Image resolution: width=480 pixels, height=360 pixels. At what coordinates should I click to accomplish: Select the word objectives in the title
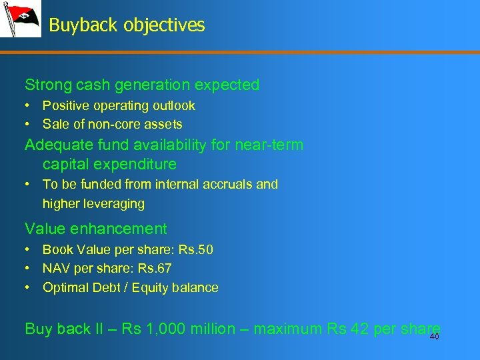click(163, 25)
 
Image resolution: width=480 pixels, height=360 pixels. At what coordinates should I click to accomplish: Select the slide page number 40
click(434, 337)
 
